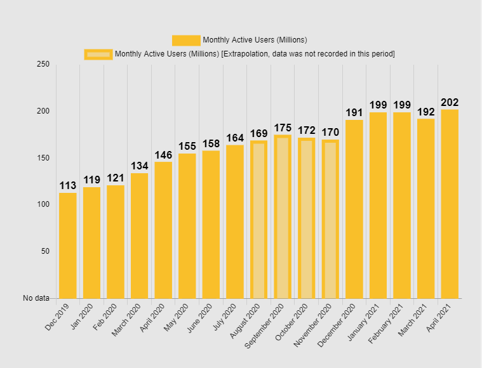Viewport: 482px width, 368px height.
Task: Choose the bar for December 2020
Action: coord(354,209)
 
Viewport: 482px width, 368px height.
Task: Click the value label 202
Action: coord(450,102)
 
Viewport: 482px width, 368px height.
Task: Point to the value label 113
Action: coord(68,185)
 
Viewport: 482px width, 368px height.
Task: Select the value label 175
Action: coord(283,128)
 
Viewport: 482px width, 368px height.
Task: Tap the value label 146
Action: coord(163,155)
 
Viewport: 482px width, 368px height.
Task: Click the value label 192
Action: coord(426,112)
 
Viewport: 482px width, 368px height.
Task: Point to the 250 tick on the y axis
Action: coord(43,65)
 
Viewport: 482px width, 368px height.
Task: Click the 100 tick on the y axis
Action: coord(43,204)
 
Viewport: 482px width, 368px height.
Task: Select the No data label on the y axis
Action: coord(36,298)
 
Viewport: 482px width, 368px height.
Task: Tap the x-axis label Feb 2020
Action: coord(106,317)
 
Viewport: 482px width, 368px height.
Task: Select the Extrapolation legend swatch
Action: coord(98,54)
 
